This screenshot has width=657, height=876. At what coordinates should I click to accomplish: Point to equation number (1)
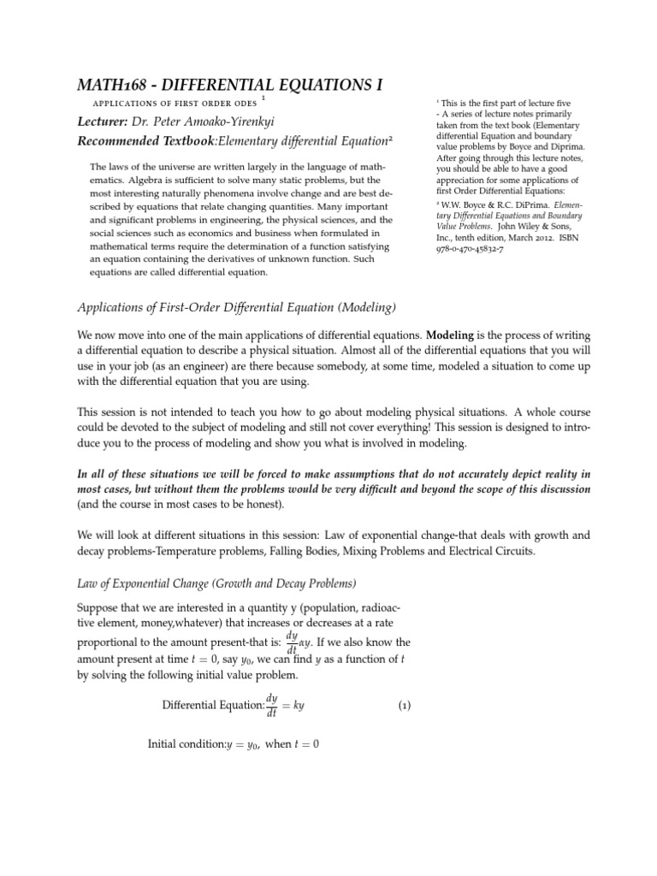coord(405,706)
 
